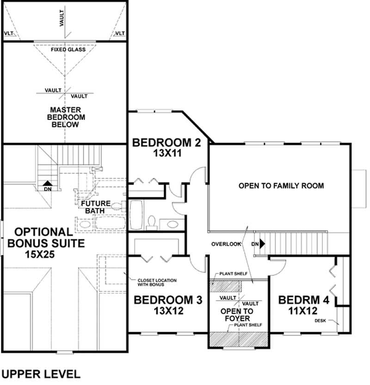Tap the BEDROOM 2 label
(166, 142)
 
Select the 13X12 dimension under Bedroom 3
(168, 311)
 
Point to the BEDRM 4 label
(303, 300)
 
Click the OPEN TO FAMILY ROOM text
(281, 186)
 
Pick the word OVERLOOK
(226, 244)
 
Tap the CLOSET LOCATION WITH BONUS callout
(156, 283)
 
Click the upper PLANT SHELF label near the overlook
(230, 274)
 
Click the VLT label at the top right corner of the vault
(120, 33)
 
